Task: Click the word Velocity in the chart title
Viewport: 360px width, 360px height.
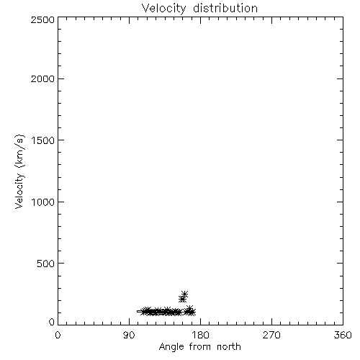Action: click(163, 9)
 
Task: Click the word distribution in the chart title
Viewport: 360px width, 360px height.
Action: click(225, 8)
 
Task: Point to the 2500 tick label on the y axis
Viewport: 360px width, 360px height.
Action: click(42, 20)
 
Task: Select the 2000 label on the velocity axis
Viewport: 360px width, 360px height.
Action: click(42, 79)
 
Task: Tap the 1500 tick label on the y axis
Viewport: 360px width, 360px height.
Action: click(43, 140)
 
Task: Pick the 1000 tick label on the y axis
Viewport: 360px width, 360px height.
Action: click(43, 202)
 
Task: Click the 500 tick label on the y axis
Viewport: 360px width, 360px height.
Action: click(46, 264)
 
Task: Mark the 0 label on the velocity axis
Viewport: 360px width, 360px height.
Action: click(52, 322)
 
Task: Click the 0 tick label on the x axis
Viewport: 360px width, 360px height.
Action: click(58, 335)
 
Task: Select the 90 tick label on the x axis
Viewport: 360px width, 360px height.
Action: click(129, 335)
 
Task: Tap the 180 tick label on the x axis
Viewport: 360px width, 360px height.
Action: click(200, 335)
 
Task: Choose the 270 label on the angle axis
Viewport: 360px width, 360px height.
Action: click(271, 335)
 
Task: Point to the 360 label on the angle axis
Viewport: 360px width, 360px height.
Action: click(343, 335)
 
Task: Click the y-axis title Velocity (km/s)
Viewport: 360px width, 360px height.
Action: click(19, 171)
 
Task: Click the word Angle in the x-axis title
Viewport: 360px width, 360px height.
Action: click(171, 347)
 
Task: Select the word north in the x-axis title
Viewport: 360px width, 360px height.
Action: click(229, 347)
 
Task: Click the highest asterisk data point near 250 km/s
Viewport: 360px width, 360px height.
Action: click(184, 294)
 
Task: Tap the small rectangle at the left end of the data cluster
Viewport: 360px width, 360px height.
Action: click(140, 312)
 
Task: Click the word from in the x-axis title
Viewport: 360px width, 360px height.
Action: click(200, 347)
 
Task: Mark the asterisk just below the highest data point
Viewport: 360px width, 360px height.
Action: click(182, 300)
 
